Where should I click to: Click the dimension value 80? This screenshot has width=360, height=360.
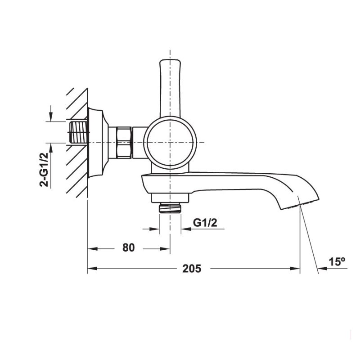click(128, 248)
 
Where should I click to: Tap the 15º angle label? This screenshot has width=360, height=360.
click(336, 261)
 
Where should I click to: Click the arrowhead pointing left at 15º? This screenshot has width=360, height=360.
click(322, 269)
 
